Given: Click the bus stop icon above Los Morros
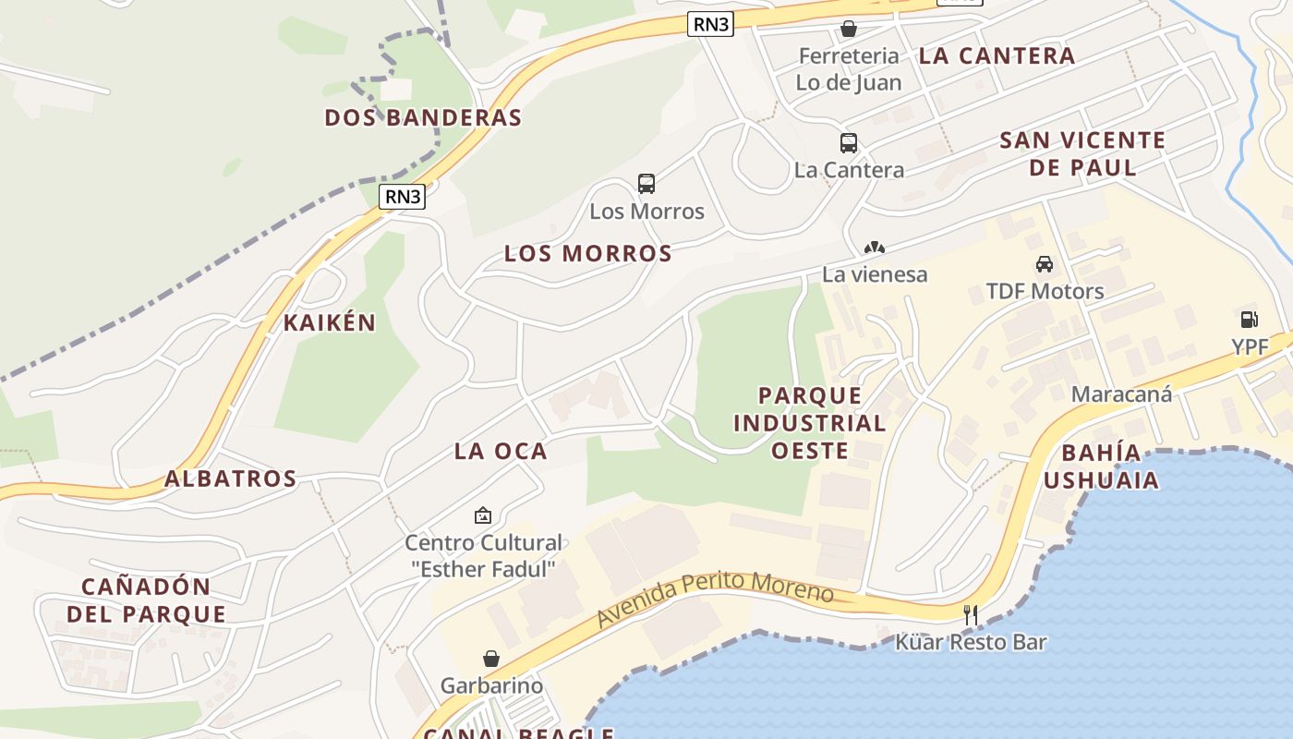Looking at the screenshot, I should [x=646, y=183].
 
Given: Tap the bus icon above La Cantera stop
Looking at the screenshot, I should [x=849, y=143].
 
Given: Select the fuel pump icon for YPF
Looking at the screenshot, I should [x=1249, y=320].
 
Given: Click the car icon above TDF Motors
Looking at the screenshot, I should [x=1045, y=264].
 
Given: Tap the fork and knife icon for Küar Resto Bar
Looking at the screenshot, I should [x=970, y=614].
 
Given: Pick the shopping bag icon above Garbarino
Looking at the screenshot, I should [x=491, y=659].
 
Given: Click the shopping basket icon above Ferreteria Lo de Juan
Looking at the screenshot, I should [x=849, y=29].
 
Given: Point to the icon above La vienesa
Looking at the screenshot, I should [x=874, y=248].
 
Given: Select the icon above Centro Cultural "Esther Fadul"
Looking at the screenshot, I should [x=482, y=515].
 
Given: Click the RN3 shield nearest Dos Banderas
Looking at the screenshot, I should [x=403, y=196].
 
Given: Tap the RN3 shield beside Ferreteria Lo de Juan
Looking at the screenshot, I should [x=710, y=24].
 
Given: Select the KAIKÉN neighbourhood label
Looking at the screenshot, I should [x=330, y=322].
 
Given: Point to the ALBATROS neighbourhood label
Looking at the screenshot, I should [x=231, y=479].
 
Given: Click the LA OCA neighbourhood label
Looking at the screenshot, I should [x=501, y=451].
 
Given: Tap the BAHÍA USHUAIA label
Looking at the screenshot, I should [x=1101, y=466].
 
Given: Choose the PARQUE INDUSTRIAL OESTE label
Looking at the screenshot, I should [x=810, y=423].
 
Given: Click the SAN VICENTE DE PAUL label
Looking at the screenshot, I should [x=1082, y=153].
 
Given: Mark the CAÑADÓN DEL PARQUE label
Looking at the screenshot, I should [x=153, y=600].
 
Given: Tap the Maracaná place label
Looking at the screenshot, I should [x=1121, y=394].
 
